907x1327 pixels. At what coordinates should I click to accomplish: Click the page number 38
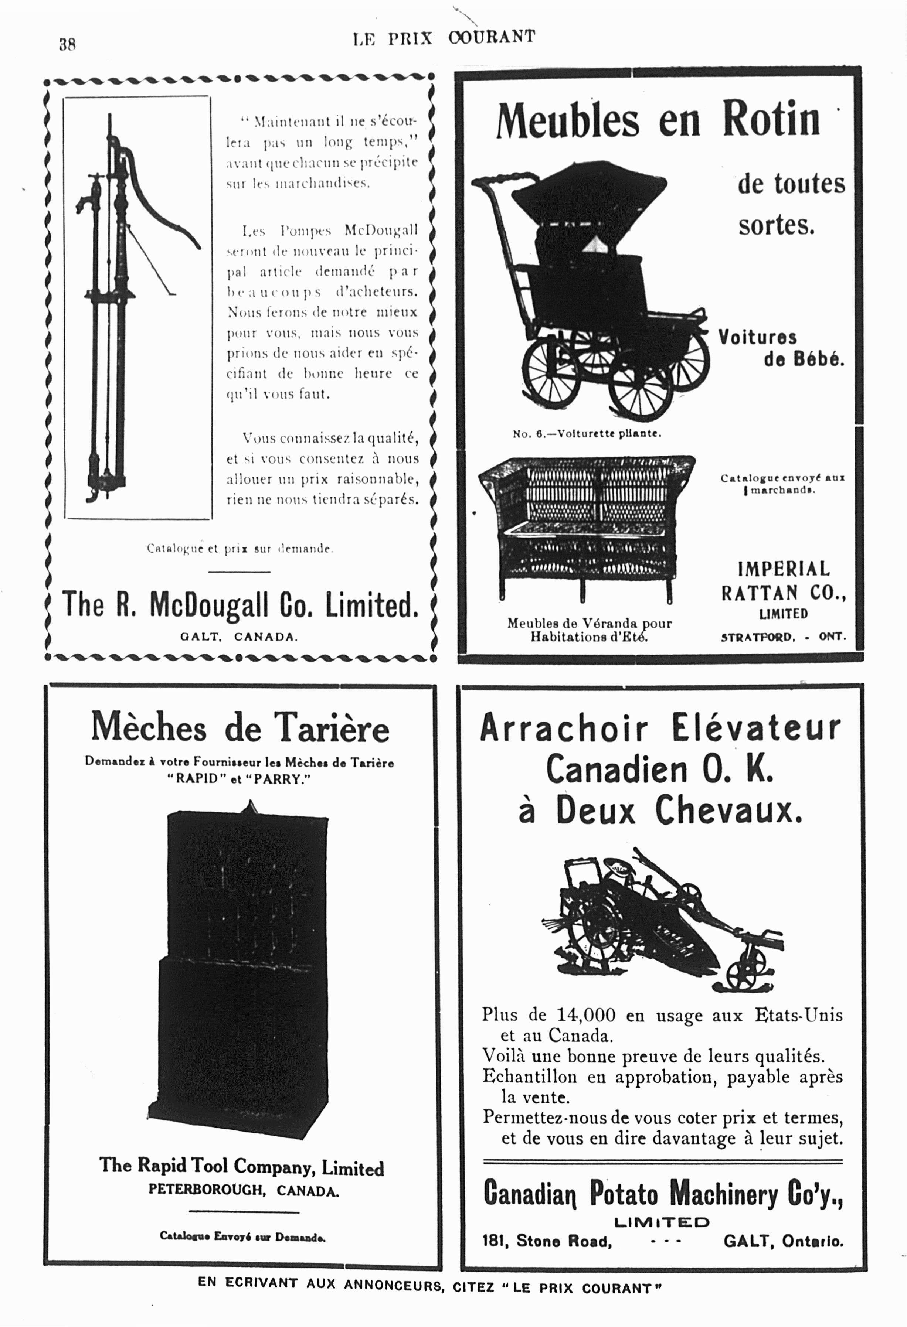coord(67,44)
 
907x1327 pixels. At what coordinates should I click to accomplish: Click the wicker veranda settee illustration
coord(585,525)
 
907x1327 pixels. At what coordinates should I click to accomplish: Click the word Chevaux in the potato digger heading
coord(728,810)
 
